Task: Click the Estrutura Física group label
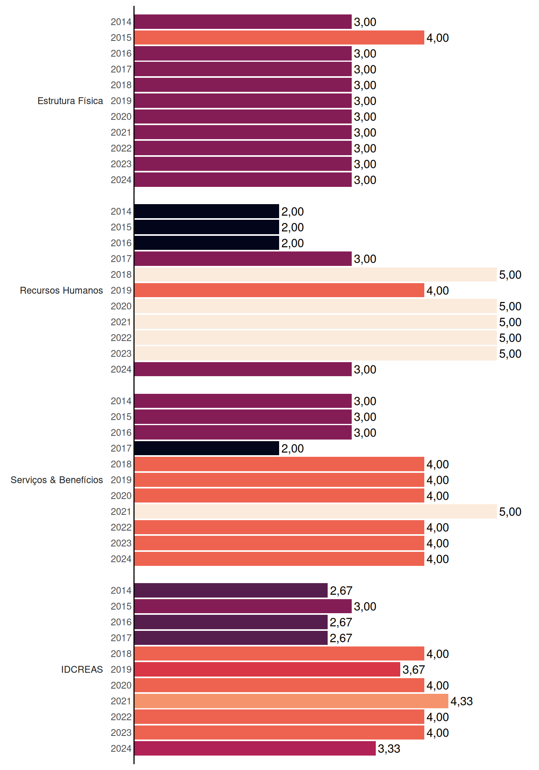(x=70, y=101)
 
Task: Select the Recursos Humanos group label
(x=61, y=290)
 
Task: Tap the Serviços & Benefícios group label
(x=57, y=480)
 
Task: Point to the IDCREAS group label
(x=82, y=669)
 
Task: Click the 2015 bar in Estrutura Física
(x=279, y=38)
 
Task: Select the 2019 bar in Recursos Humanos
(x=279, y=290)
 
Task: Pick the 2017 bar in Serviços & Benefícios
(x=207, y=448)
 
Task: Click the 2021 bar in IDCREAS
(x=291, y=701)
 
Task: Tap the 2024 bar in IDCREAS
(x=255, y=748)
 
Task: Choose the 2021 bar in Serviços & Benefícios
(x=316, y=511)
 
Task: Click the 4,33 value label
(x=462, y=701)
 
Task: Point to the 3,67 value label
(x=413, y=670)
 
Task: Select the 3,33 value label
(x=389, y=749)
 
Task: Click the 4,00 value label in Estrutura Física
(x=438, y=38)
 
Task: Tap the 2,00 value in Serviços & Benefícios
(x=292, y=449)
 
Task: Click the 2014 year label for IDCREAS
(x=121, y=590)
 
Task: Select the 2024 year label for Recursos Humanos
(x=121, y=369)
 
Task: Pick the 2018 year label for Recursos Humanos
(x=121, y=275)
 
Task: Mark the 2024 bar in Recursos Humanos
(x=243, y=369)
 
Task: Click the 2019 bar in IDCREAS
(x=267, y=669)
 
